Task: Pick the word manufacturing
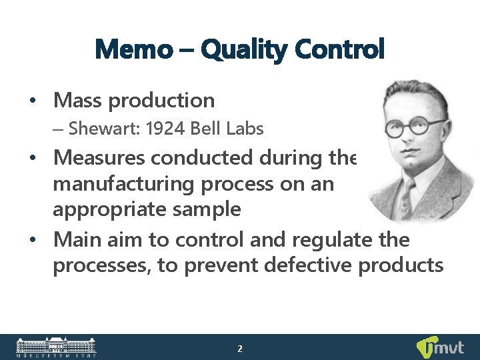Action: tap(118, 183)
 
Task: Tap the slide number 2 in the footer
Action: tap(240, 348)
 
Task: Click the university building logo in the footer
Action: tap(56, 347)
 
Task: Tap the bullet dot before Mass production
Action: tap(32, 101)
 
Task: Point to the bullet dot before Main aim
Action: tap(32, 239)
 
